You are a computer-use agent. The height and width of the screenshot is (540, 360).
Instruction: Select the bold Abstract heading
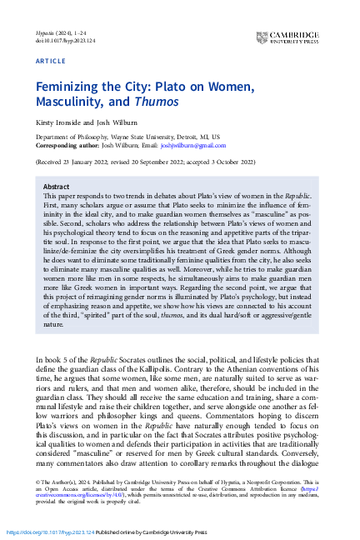point(56,187)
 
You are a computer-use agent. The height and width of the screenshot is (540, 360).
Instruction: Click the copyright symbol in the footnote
point(37,482)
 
